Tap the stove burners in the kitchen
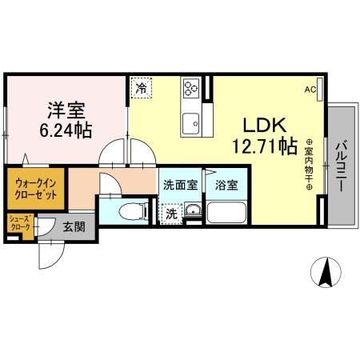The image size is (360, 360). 192,89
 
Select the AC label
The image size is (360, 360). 310,90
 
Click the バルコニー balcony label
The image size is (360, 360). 340,165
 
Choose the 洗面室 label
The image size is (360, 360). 180,185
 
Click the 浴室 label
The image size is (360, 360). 226,185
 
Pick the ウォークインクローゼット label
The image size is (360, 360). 35,188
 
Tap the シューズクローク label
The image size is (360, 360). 19,222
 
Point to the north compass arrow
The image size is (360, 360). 326,273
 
